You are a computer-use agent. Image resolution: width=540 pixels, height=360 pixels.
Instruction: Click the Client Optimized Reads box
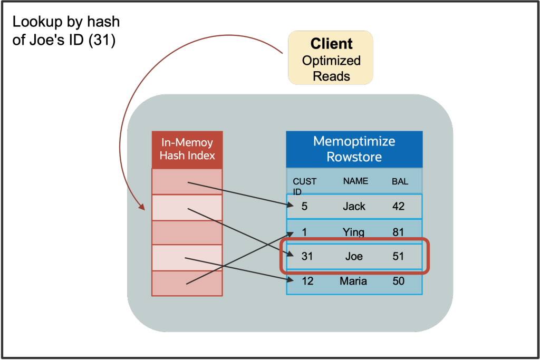coord(331,57)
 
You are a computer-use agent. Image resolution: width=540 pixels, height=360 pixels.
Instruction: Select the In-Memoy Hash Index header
coord(187,149)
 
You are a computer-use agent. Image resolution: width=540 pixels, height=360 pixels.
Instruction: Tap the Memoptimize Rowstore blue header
coord(354,149)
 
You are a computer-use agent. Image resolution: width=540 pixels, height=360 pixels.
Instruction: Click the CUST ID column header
coord(304,185)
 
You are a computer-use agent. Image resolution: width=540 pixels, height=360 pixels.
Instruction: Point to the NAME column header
coord(355,181)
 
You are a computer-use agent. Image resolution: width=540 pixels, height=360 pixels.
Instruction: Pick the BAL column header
coord(400,181)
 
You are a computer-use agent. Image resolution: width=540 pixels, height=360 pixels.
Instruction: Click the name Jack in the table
coord(354,207)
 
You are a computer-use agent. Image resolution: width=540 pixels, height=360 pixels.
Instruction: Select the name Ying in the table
coord(353,232)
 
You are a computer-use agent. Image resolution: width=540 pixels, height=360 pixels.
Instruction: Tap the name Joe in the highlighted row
coord(354,257)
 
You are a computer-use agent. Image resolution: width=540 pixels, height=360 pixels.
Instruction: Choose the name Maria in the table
coord(353,281)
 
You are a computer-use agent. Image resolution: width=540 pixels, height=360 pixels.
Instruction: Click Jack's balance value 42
coord(398,207)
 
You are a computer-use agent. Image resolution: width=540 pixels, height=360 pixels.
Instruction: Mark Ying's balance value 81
coord(398,232)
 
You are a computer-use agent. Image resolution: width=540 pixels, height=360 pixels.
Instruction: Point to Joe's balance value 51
coord(398,257)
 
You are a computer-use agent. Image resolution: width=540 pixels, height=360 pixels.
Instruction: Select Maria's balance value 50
coord(398,281)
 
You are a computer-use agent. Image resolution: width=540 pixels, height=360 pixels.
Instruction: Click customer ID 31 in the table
coord(307,257)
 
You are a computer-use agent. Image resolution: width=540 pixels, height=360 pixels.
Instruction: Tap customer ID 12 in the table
coord(307,281)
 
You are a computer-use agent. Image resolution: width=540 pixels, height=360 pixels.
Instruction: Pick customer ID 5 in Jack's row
coord(304,207)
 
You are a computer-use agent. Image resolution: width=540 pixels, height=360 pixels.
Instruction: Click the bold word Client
coord(331,44)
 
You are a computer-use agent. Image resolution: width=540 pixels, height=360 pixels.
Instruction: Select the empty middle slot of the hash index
coord(187,232)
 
